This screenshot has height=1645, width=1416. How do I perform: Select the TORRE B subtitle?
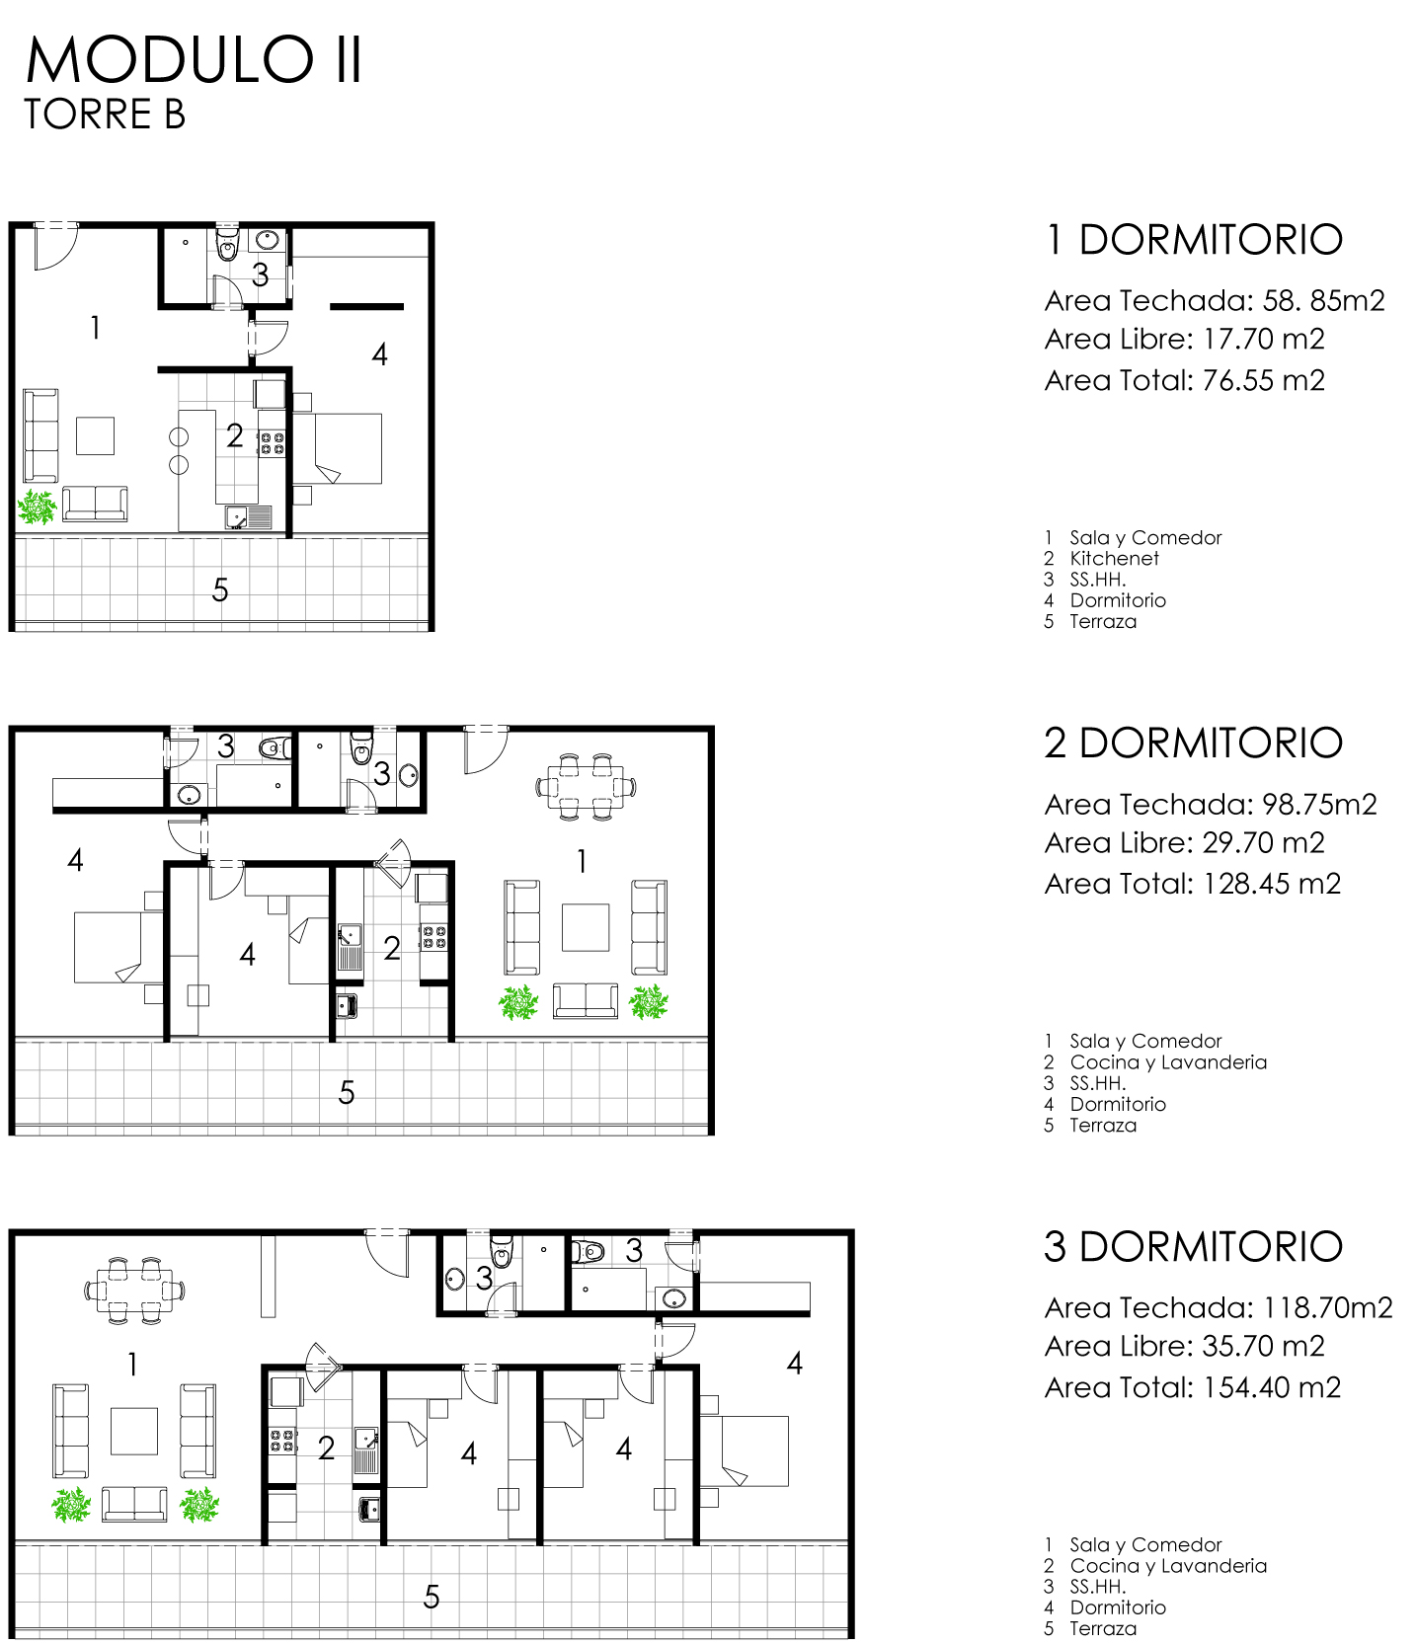(105, 115)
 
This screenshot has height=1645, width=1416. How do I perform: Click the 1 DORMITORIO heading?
(1194, 240)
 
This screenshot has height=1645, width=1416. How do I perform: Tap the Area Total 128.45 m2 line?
(1193, 884)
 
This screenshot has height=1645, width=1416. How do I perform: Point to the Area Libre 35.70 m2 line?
(1185, 1347)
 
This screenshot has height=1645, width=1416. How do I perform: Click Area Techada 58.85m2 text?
(1215, 300)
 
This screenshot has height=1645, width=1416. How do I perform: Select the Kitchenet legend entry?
(1114, 559)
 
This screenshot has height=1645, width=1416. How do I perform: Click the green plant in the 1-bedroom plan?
(38, 508)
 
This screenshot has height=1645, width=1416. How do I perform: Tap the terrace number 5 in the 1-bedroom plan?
(220, 590)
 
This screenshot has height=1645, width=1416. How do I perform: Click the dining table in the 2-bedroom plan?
(586, 787)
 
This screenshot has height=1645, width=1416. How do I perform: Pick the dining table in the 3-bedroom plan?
(134, 1290)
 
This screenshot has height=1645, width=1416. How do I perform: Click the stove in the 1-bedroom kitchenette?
(272, 443)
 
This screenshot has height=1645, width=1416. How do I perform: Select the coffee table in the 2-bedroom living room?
(586, 927)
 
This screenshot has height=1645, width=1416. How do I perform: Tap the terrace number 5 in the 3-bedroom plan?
(432, 1598)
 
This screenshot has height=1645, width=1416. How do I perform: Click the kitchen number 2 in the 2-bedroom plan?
(392, 949)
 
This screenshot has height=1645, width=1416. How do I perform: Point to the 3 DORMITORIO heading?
(1194, 1247)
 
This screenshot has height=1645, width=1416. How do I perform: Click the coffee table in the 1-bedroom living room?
(96, 435)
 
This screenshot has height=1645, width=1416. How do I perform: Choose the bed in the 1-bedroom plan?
(338, 448)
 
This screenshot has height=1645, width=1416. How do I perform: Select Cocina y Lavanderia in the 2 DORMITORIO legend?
(1168, 1062)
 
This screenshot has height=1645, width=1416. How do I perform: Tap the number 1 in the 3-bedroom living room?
(133, 1365)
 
